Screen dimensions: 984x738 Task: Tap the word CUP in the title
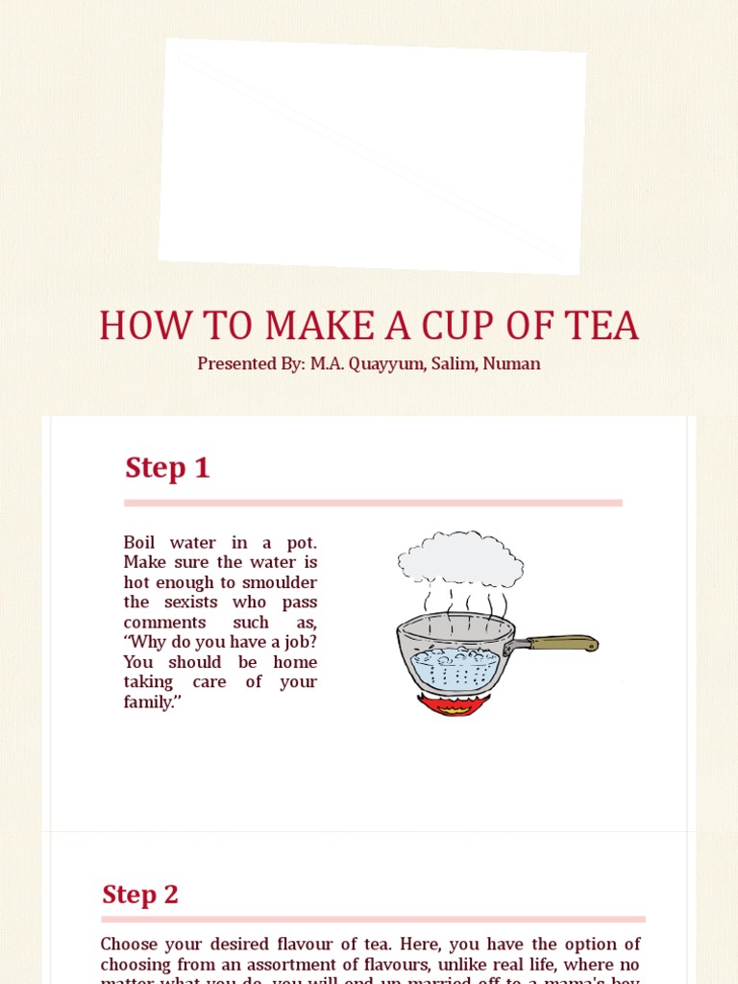(x=452, y=327)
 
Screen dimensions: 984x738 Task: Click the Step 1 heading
(x=167, y=468)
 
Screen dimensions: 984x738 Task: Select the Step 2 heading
(x=140, y=895)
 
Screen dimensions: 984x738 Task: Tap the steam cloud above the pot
(x=460, y=558)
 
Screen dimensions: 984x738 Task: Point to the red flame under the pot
(x=455, y=705)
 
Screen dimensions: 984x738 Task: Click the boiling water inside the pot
(x=455, y=665)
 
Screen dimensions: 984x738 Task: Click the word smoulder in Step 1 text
(x=278, y=582)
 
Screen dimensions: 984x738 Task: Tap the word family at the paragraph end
(x=149, y=702)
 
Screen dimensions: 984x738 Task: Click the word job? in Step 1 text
(x=297, y=642)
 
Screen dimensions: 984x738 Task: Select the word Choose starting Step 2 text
(x=128, y=945)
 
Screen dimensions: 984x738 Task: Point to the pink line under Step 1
(x=373, y=503)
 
